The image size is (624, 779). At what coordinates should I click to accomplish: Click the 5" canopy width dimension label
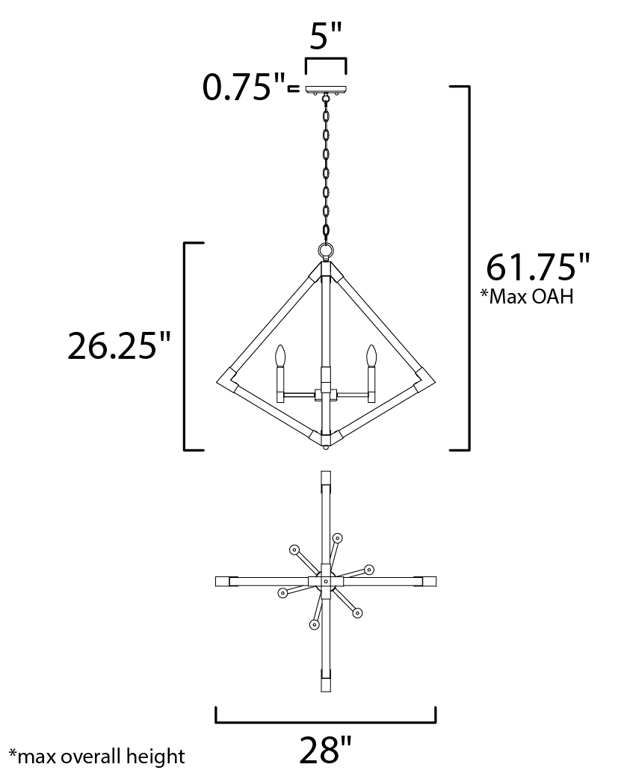326,36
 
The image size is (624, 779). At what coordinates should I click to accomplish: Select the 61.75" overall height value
538,268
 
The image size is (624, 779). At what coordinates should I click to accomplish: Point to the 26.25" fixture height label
119,346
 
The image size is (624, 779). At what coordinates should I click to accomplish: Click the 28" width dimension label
326,750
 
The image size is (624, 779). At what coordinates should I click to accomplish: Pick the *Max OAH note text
527,297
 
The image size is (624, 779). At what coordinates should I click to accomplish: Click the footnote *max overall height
97,757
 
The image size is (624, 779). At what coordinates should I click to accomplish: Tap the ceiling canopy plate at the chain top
326,90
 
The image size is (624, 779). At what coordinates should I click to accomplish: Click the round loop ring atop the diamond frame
326,250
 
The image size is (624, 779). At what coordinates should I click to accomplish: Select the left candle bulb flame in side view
281,355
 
